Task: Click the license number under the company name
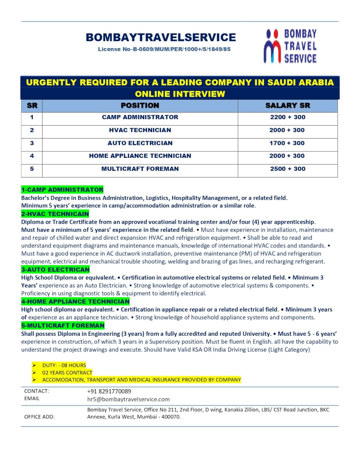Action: click(164, 49)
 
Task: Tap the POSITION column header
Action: click(140, 106)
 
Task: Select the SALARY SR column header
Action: click(287, 106)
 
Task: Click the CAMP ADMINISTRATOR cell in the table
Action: click(140, 117)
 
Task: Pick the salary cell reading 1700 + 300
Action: click(287, 143)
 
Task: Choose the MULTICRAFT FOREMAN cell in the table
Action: click(140, 169)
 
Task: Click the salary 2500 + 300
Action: click(287, 169)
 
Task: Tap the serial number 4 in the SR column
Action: click(32, 156)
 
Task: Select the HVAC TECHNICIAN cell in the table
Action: click(140, 130)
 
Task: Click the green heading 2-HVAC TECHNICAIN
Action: click(55, 214)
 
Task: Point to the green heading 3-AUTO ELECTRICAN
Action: click(55, 269)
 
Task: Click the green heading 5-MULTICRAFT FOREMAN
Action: click(63, 326)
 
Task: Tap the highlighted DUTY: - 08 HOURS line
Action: click(64, 365)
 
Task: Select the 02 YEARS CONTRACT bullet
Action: click(67, 373)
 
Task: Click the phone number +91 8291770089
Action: click(109, 391)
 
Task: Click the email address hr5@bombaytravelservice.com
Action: click(128, 399)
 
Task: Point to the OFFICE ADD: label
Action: click(39, 417)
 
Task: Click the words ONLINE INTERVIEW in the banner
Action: click(180, 94)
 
